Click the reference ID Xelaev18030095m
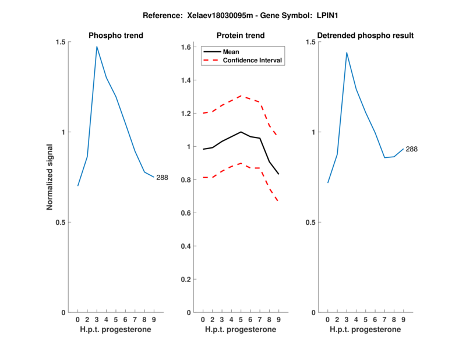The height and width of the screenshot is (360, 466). tap(213, 15)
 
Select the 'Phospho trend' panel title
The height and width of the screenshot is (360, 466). tap(116, 36)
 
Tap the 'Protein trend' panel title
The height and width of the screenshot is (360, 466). tap(241, 36)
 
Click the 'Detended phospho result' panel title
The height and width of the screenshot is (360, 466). tap(365, 36)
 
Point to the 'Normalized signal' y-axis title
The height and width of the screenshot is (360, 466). tap(50, 177)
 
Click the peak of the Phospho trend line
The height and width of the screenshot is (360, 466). tap(97, 46)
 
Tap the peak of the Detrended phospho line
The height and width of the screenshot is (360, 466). tap(347, 52)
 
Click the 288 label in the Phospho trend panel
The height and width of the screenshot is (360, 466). tap(162, 178)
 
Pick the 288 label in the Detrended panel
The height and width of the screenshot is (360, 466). tap(412, 149)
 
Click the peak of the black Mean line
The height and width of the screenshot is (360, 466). tap(241, 132)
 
